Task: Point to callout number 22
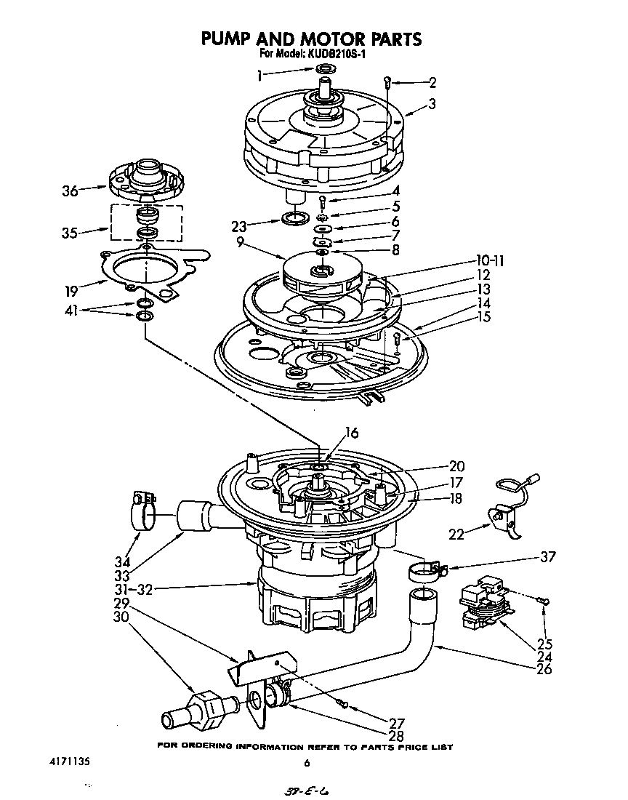[456, 535]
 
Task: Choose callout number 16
[351, 433]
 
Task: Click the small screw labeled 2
[389, 82]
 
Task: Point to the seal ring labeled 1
[325, 69]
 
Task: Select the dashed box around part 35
[147, 222]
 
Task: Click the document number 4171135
[61, 763]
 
